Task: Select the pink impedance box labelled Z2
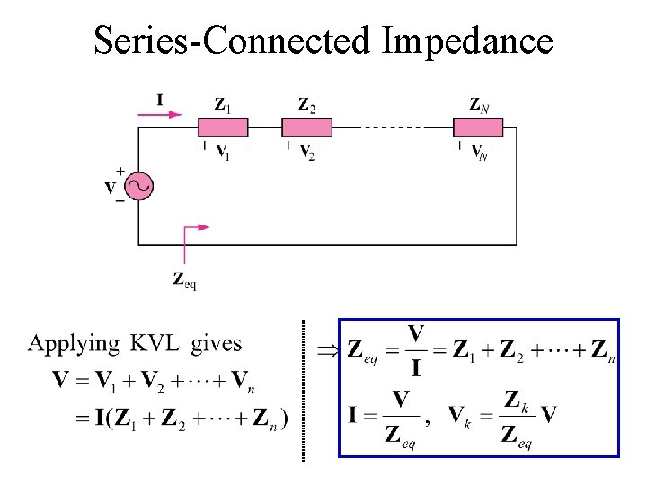[x=307, y=127]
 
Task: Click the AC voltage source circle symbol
[x=139, y=187]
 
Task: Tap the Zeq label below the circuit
[x=184, y=279]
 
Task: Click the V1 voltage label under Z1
[x=222, y=150]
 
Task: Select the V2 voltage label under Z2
[x=306, y=150]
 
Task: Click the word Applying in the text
[x=74, y=344]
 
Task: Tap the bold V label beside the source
[x=111, y=188]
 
